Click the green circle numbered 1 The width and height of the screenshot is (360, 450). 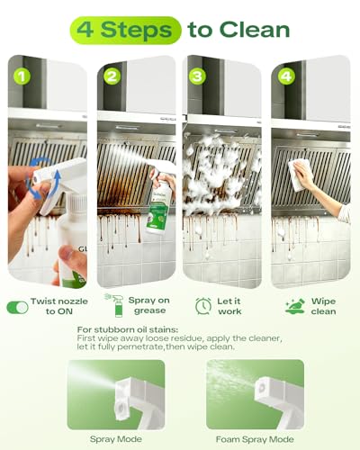click(22, 76)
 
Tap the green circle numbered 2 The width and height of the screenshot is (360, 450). click(112, 76)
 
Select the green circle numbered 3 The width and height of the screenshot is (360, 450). click(197, 76)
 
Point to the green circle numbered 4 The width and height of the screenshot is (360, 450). click(286, 76)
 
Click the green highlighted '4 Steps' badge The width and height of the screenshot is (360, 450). click(125, 31)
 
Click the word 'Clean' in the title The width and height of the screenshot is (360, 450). click(255, 30)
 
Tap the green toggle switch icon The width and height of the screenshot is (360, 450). click(17, 308)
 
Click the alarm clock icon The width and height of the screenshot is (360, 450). click(203, 306)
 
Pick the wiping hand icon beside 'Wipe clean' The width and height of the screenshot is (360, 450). click(295, 306)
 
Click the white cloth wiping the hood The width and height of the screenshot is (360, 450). click(300, 175)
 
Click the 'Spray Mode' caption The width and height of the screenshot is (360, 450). click(116, 439)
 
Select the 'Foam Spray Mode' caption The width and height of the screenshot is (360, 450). click(255, 439)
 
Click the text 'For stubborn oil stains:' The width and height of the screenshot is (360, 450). click(128, 329)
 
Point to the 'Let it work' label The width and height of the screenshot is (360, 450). click(229, 306)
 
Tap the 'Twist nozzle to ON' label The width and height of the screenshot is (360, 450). click(59, 306)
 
